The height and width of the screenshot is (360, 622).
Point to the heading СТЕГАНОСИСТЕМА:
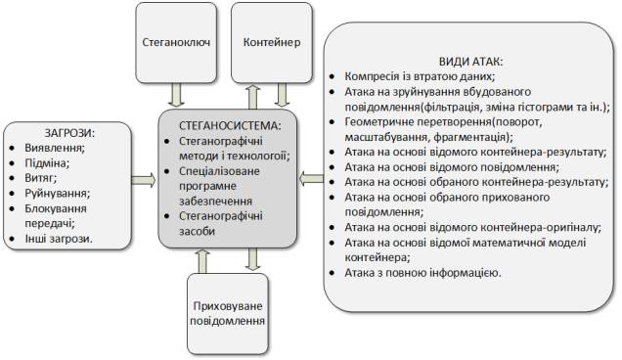click(x=231, y=126)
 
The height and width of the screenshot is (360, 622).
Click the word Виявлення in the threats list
click(x=55, y=147)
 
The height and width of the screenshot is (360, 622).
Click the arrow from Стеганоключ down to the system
click(x=176, y=96)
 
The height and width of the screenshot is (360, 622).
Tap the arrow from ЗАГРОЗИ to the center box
click(x=142, y=179)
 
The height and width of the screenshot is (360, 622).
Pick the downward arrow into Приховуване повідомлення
click(x=253, y=258)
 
